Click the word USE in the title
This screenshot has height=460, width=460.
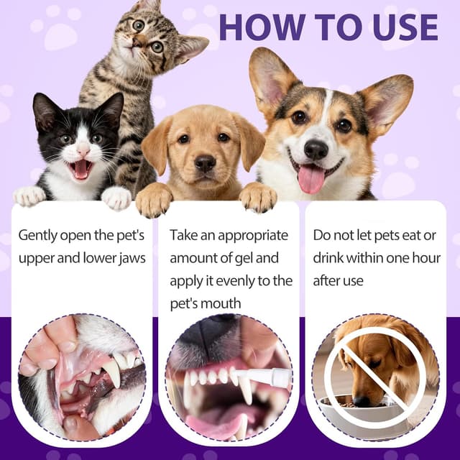tap(406, 27)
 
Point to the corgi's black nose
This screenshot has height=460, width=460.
tap(316, 149)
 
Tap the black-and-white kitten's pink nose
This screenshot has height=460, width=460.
tap(83, 151)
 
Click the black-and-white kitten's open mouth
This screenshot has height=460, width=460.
tap(80, 169)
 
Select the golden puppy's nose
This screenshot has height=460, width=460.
tap(205, 163)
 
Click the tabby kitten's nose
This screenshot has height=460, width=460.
tap(137, 42)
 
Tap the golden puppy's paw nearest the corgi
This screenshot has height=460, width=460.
tap(258, 196)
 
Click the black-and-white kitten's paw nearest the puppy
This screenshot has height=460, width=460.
tap(116, 198)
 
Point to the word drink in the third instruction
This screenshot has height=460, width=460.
tap(328, 259)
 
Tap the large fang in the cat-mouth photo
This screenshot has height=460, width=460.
tap(113, 372)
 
